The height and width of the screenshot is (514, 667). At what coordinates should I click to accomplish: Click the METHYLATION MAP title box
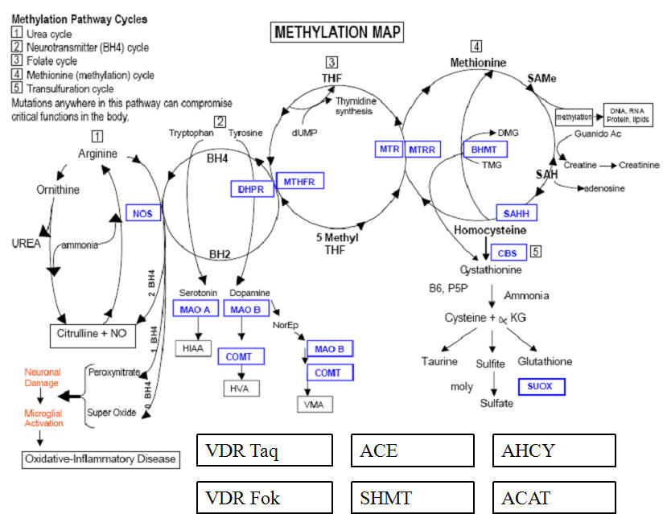click(337, 32)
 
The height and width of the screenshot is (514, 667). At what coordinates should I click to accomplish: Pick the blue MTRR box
click(423, 150)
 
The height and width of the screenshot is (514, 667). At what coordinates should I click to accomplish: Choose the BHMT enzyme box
click(484, 150)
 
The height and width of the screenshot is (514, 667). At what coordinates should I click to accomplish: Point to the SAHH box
click(516, 213)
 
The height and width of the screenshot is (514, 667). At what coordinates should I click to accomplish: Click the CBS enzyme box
click(507, 253)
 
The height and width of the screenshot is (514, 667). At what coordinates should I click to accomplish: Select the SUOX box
click(541, 387)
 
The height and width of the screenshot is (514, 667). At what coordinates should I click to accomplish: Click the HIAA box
click(195, 348)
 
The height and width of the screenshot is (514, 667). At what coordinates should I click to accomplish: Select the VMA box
click(315, 404)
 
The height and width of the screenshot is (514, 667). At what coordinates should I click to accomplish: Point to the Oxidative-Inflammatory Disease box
click(100, 458)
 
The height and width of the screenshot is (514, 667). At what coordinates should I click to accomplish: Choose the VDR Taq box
click(265, 450)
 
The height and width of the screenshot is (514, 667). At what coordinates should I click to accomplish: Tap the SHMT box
click(413, 498)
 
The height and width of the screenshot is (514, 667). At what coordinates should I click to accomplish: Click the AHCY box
click(554, 450)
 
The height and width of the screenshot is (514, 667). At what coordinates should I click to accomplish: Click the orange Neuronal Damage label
click(43, 378)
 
